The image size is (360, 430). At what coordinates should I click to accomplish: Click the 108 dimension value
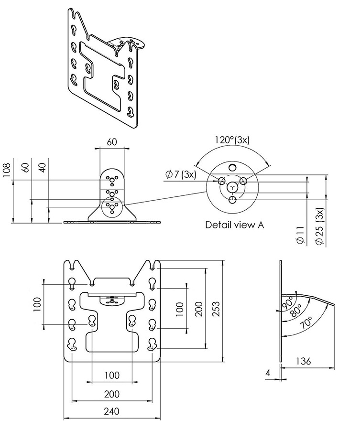coord(6,169)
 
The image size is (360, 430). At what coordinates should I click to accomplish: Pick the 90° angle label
coord(287,301)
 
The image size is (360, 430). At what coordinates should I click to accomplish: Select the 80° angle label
coord(296,310)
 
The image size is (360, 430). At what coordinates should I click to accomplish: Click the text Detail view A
coord(234,224)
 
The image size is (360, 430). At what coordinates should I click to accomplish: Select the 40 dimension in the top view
coord(43,169)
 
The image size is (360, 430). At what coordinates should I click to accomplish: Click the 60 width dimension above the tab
coord(112,142)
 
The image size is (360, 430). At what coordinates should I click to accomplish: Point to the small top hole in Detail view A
coord(232,166)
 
